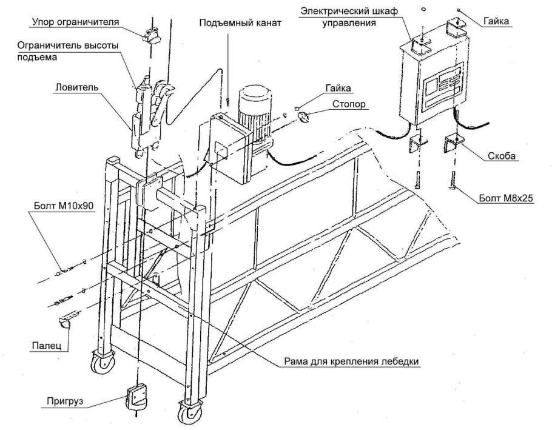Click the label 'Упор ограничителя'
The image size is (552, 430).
click(x=75, y=22)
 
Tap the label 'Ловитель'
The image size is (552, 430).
click(x=76, y=87)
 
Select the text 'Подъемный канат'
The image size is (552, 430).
click(x=240, y=23)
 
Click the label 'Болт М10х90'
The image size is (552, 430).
click(x=64, y=206)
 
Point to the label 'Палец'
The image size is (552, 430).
click(x=47, y=346)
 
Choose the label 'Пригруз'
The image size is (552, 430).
click(x=65, y=401)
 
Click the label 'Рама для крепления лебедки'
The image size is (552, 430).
click(x=352, y=361)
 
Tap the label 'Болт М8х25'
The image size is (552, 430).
click(x=507, y=198)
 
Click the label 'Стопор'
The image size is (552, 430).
click(x=349, y=104)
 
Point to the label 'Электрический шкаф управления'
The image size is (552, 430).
click(x=349, y=17)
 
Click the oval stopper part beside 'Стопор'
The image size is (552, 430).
click(x=303, y=116)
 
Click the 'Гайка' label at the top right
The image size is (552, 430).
click(x=496, y=21)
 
